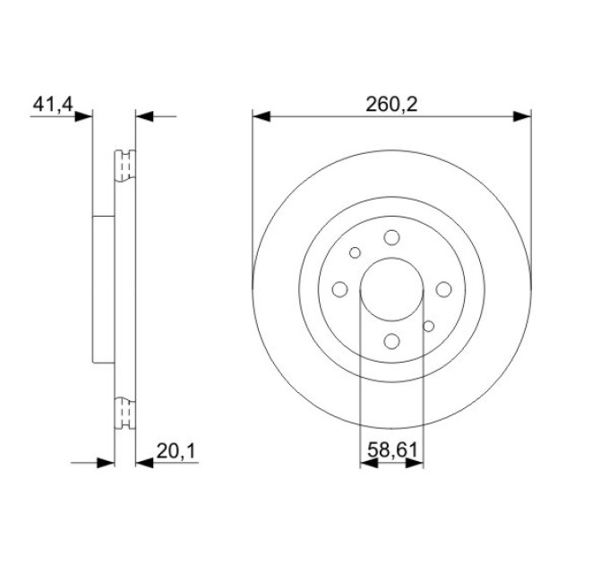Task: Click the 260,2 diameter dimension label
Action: [x=391, y=105]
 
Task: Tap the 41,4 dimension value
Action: [x=53, y=105]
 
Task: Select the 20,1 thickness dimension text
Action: [x=176, y=451]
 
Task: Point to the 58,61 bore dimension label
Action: [x=392, y=450]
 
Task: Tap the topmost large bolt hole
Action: [x=391, y=237]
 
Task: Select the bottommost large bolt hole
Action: [x=391, y=341]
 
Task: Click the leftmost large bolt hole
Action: [x=339, y=289]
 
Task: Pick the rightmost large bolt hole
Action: [x=443, y=289]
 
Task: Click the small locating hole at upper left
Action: [x=355, y=252]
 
